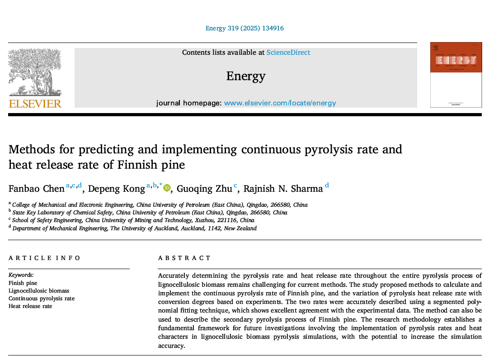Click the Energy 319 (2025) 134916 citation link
click(244, 28)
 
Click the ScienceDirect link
click(288, 52)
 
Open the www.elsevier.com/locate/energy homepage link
click(280, 103)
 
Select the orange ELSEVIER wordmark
click(35, 104)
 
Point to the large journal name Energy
click(245, 76)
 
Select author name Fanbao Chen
click(37, 189)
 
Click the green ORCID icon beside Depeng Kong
click(167, 188)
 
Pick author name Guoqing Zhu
click(204, 189)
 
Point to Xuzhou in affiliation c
click(205, 220)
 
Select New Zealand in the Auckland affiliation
click(240, 228)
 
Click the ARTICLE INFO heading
click(44, 258)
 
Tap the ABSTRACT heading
click(184, 258)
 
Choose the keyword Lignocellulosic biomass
click(39, 291)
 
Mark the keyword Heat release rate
click(30, 306)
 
